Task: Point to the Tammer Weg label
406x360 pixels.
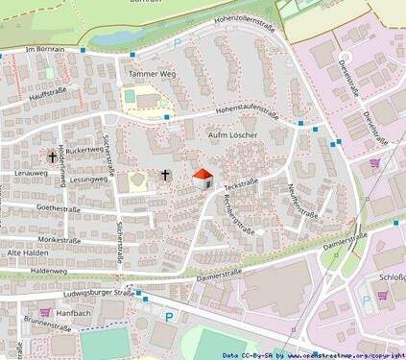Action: coord(148,72)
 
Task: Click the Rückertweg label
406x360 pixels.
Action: coord(85,151)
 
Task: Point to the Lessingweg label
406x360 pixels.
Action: coord(86,180)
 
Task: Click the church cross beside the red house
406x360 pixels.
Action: coord(165,176)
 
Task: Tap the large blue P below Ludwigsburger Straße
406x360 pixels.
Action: coord(169,317)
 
